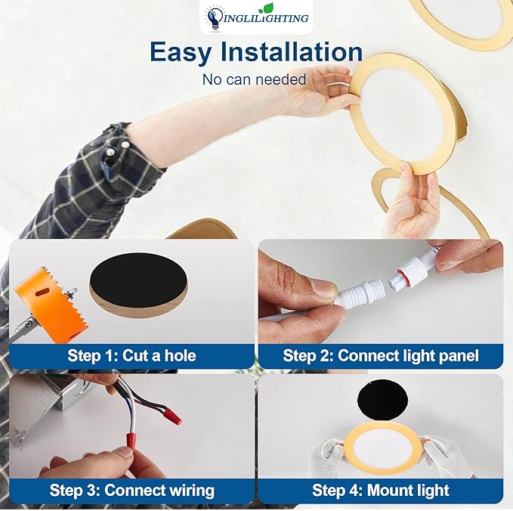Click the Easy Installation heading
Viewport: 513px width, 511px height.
pos(255,52)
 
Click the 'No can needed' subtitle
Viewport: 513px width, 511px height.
pos(254,79)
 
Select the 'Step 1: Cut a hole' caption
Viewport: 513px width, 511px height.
pos(131,355)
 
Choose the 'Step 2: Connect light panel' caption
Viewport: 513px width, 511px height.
pos(380,355)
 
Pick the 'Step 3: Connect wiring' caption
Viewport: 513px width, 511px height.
pos(131,490)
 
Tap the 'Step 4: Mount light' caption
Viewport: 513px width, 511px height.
pos(380,490)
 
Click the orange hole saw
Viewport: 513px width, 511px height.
pos(53,306)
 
